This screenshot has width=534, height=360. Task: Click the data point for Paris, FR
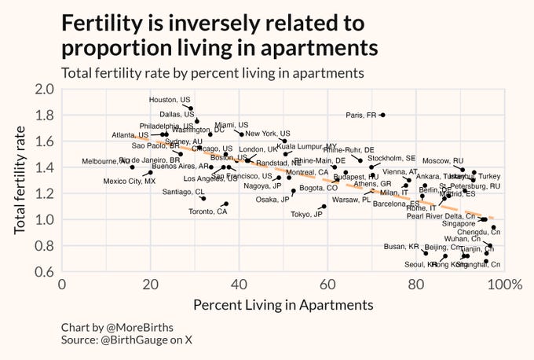point(382,115)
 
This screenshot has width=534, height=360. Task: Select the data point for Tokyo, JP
point(324,207)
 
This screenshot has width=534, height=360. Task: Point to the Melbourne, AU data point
point(132,167)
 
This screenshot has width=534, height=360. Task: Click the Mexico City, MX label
point(129,182)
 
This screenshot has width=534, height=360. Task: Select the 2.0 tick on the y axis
point(42,89)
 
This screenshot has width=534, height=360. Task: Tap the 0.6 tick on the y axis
point(42,272)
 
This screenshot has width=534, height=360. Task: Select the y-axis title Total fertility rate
point(19,180)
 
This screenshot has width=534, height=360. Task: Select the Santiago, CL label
point(183,192)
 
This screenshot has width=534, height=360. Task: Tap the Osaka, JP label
point(272,200)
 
